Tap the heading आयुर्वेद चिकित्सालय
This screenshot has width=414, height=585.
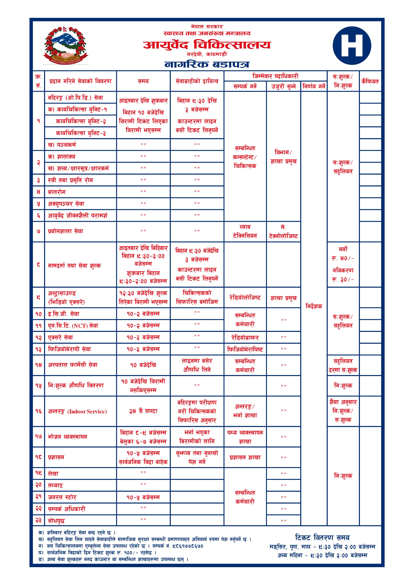coord(207,45)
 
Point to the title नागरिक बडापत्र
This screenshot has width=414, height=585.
coord(207,64)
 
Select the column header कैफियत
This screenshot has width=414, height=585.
coord(370,81)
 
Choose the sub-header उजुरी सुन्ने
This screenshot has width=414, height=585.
coord(283,86)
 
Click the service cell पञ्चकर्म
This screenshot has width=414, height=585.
coord(62,145)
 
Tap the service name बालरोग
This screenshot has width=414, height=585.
coord(57,192)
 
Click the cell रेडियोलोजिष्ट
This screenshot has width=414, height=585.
coord(245,298)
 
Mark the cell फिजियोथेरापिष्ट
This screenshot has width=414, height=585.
coord(245,349)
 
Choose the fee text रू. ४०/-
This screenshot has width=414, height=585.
coord(343,258)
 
